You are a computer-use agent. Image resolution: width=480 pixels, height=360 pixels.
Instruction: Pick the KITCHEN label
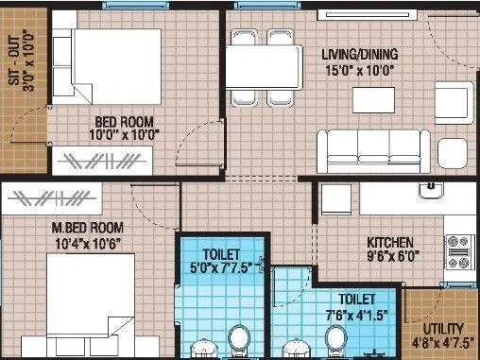coord(394,241)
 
